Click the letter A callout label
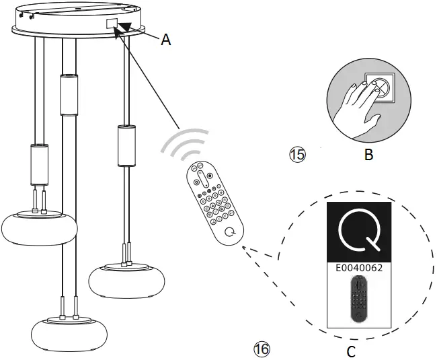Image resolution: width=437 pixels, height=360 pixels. (165, 40)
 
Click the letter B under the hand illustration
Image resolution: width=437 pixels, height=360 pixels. (368, 155)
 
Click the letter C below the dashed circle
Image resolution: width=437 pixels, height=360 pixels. (350, 351)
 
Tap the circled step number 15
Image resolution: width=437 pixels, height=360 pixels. (297, 155)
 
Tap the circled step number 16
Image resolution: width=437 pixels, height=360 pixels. (262, 349)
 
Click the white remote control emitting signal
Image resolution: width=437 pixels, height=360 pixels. (213, 202)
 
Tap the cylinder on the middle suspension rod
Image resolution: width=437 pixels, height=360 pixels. (69, 95)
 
